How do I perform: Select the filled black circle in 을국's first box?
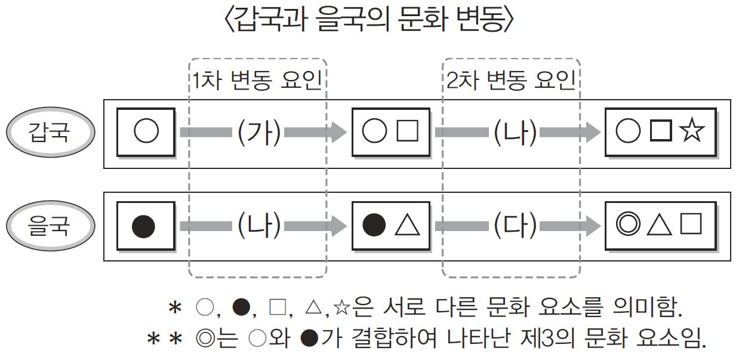click(x=143, y=226)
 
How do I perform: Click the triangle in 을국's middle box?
click(x=408, y=226)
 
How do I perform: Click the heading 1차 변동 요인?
click(x=257, y=80)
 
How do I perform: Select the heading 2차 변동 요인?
click(x=511, y=80)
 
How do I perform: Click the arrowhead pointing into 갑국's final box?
click(x=592, y=133)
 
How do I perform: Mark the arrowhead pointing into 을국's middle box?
click(x=339, y=226)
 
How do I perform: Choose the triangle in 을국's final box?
click(x=660, y=225)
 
